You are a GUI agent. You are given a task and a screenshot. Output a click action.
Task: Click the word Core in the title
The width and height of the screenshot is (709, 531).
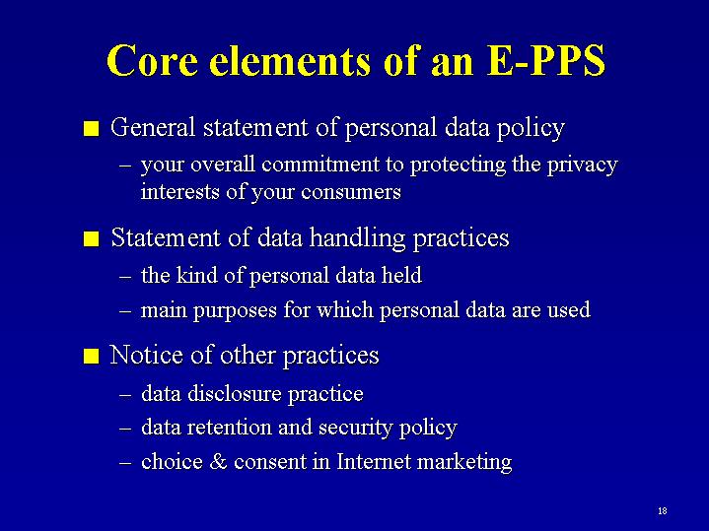pos(153,60)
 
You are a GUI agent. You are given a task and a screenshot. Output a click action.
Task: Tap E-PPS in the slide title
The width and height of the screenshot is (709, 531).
pos(546,60)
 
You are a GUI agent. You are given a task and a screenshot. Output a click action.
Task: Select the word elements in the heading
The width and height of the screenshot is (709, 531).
pos(290,60)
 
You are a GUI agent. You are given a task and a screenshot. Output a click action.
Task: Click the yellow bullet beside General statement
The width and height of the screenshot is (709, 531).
pos(92,128)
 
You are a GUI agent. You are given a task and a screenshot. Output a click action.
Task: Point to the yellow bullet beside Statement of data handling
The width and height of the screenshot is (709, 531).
pos(92,238)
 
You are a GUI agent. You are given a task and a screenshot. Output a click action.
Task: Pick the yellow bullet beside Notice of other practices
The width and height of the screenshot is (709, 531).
pos(92,356)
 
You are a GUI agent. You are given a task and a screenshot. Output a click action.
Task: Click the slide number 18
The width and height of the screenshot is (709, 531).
pos(663,511)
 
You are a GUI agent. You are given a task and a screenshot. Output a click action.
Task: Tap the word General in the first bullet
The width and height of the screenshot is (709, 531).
pos(153,127)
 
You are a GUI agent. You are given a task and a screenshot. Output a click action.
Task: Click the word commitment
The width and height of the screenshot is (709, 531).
pos(320,165)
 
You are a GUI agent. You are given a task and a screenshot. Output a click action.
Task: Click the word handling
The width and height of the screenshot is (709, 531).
pos(357,239)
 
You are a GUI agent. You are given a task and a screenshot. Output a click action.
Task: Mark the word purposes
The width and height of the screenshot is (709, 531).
pos(235,312)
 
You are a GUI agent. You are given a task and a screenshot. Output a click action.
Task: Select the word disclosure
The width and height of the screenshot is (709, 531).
pos(235,393)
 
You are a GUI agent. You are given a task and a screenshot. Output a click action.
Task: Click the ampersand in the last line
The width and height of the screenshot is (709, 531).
pos(218,462)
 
